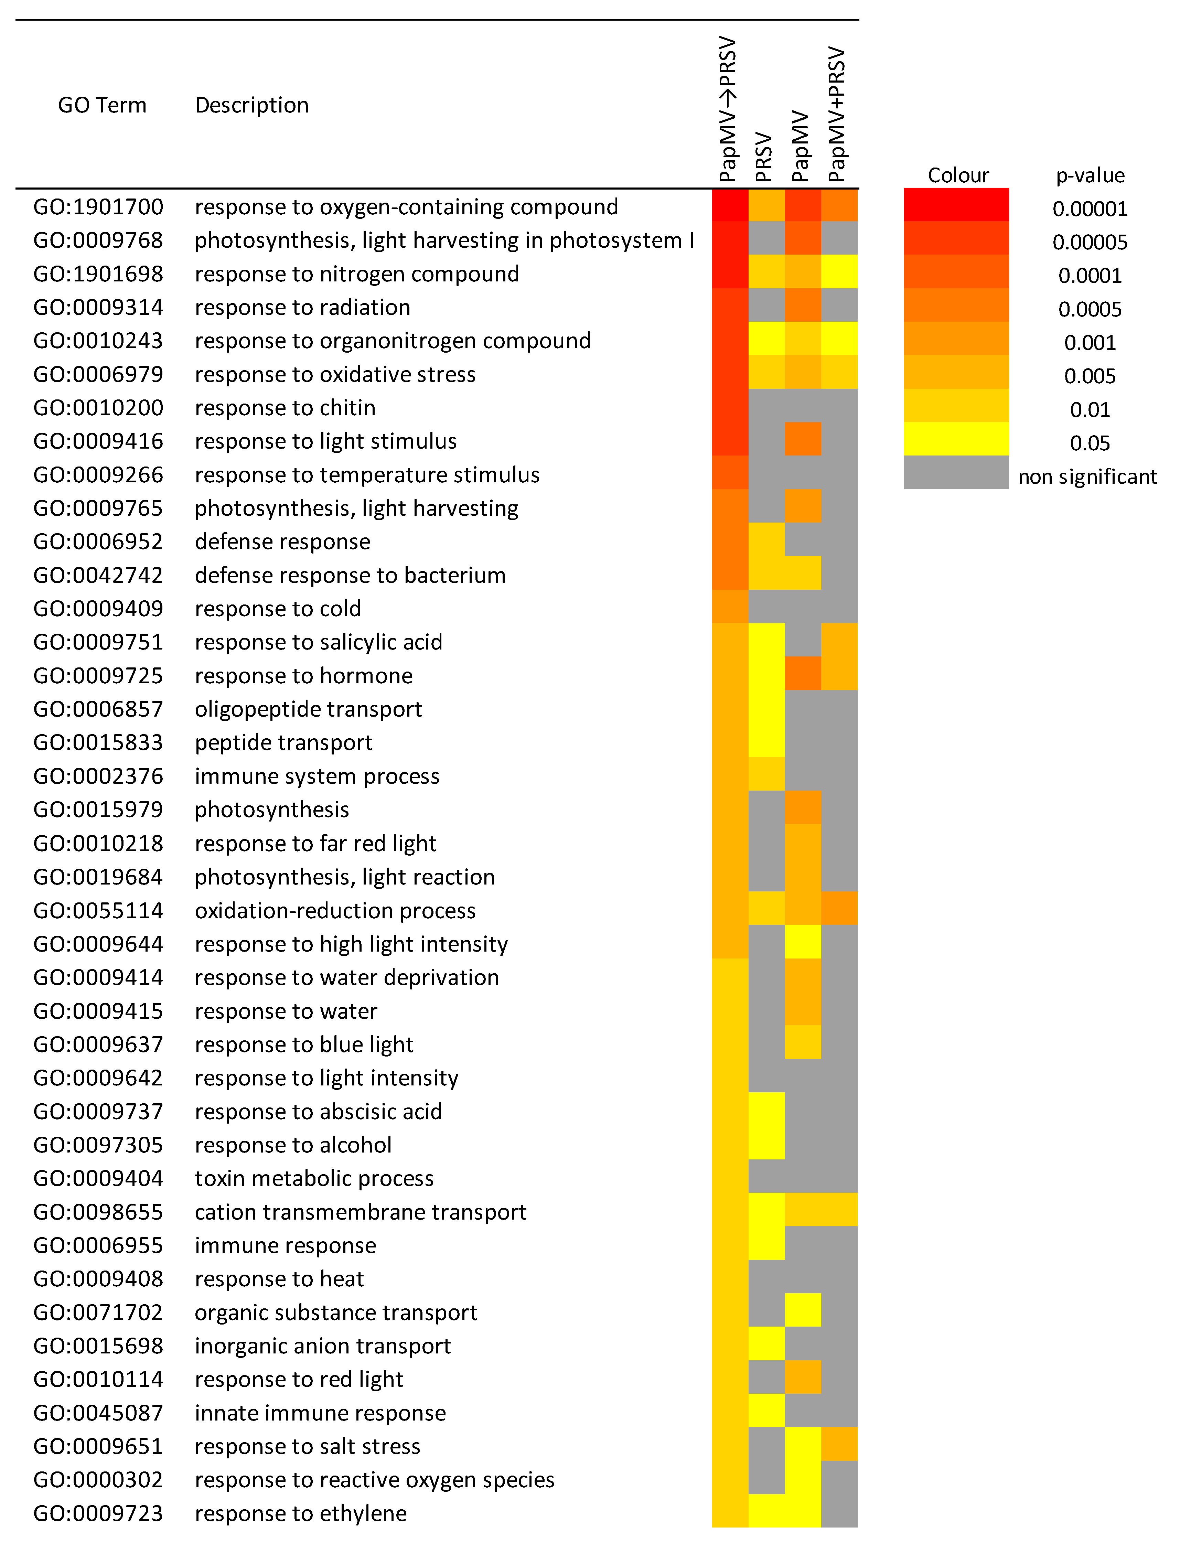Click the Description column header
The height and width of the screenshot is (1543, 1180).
tap(251, 105)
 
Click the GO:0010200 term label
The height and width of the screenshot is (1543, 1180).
tap(98, 408)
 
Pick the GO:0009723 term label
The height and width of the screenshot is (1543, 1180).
tap(98, 1513)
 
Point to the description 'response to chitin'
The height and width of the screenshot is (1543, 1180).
tap(285, 408)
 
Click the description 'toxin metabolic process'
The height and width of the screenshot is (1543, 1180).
tap(314, 1179)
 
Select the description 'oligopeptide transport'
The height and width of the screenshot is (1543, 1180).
tap(308, 709)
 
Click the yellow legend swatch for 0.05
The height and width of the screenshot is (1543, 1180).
tap(956, 439)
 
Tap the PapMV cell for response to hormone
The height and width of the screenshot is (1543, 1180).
tap(803, 674)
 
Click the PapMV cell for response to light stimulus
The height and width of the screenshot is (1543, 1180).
tap(803, 439)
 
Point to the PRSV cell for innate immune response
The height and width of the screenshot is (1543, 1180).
tap(766, 1410)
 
